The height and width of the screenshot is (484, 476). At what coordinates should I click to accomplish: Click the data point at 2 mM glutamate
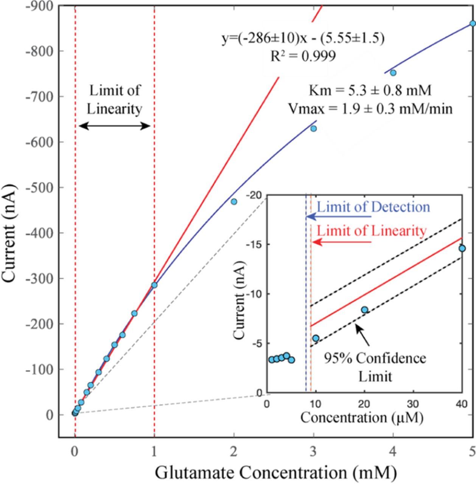[x=234, y=202]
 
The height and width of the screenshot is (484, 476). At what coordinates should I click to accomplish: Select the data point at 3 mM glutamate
[x=313, y=129]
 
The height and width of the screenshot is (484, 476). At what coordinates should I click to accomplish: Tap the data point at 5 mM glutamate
[x=473, y=23]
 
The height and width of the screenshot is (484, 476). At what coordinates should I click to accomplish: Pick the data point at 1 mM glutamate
[x=154, y=285]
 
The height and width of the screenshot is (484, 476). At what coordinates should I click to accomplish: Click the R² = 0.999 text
[x=303, y=56]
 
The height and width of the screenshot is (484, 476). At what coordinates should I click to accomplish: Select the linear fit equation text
[x=303, y=38]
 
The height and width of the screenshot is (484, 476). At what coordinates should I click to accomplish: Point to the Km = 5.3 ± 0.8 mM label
[x=370, y=91]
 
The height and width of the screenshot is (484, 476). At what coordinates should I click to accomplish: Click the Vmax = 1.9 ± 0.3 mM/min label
[x=370, y=109]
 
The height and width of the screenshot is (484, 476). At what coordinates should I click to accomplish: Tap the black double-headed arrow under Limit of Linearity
[x=115, y=126]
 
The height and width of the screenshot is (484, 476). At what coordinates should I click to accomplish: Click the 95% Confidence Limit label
[x=375, y=367]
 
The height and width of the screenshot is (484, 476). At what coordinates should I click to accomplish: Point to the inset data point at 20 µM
[x=364, y=310]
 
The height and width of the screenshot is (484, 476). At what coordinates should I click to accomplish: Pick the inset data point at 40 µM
[x=462, y=248]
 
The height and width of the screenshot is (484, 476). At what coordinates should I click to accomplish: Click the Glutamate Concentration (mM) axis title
[x=276, y=473]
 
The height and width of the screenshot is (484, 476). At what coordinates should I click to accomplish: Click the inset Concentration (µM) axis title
[x=361, y=418]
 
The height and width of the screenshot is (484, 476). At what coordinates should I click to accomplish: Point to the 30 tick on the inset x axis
[x=413, y=403]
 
